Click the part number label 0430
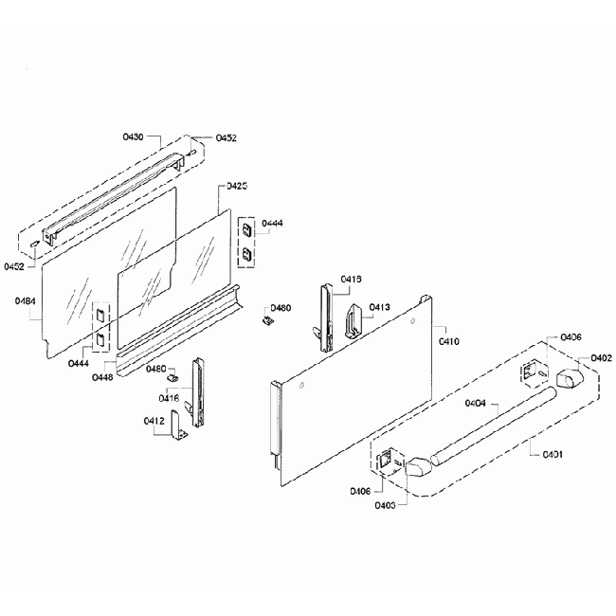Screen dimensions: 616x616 pyautogui.click(x=133, y=137)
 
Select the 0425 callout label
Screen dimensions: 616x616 pyautogui.click(x=237, y=187)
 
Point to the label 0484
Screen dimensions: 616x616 pyautogui.click(x=26, y=301)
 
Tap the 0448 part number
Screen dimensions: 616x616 pyautogui.click(x=102, y=377)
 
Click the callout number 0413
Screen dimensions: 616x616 pyautogui.click(x=379, y=307)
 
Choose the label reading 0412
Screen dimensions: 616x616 pyautogui.click(x=154, y=421)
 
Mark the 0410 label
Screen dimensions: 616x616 pyautogui.click(x=448, y=339)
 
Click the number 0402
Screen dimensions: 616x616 pyautogui.click(x=601, y=357)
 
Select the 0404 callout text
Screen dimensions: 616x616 pyautogui.click(x=475, y=404)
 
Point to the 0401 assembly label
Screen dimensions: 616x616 pyautogui.click(x=553, y=455)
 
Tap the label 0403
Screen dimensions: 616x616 pyautogui.click(x=385, y=506)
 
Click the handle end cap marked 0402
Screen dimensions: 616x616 pyautogui.click(x=571, y=380)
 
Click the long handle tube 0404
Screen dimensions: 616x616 pyautogui.click(x=493, y=423)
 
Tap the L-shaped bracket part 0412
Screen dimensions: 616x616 pyautogui.click(x=177, y=433)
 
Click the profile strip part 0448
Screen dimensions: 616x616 pyautogui.click(x=180, y=322)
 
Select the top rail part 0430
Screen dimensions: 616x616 pyautogui.click(x=118, y=185)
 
